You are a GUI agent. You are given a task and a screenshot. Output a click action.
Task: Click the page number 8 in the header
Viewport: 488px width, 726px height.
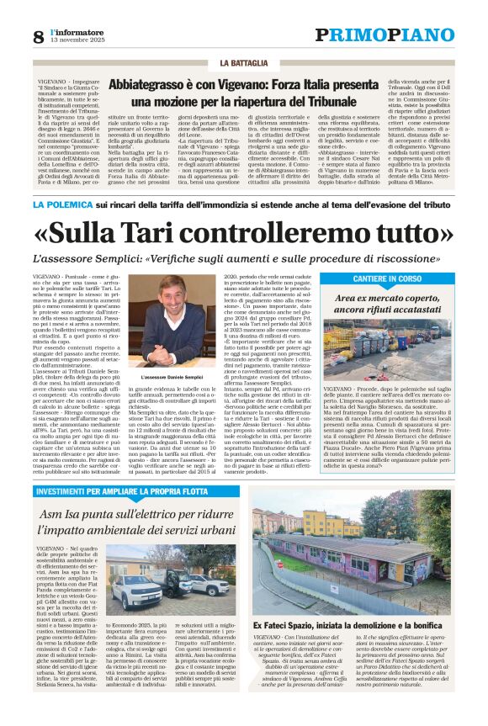[38, 36]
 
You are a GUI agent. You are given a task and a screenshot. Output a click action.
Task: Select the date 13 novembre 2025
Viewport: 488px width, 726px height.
[79, 41]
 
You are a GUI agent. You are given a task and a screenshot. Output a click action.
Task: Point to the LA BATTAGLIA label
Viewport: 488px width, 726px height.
[243, 63]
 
